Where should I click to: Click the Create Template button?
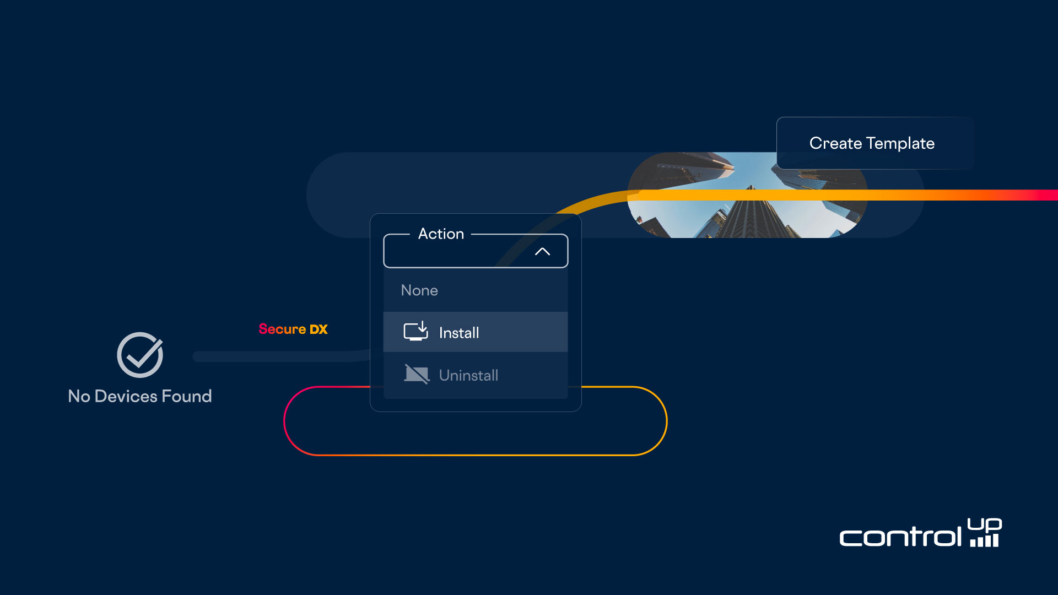(x=875, y=143)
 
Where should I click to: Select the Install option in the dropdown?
(x=476, y=332)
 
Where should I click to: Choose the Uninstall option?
(x=476, y=375)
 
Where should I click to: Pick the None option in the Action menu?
(x=476, y=290)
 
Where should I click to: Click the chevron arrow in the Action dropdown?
(x=542, y=252)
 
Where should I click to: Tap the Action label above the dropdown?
(x=441, y=234)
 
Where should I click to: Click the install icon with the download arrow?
(x=416, y=331)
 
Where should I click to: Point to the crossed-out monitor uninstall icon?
(x=417, y=375)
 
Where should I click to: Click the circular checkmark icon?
(x=140, y=355)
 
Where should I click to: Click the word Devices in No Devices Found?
(x=126, y=396)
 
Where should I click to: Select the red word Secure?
(x=282, y=329)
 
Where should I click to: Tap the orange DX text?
(x=319, y=329)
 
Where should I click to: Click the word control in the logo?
(x=900, y=537)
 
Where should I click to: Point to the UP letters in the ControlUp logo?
(x=985, y=524)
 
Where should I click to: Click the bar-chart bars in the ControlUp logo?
(x=985, y=541)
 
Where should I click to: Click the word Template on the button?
(x=900, y=143)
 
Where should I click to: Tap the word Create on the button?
(x=835, y=143)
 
